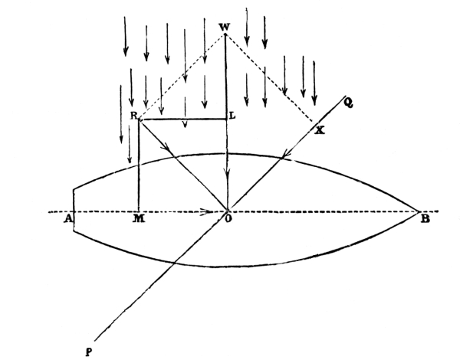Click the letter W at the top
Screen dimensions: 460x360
[x=225, y=28]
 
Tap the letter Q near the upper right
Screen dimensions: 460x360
[x=348, y=103]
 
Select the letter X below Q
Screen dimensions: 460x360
[x=320, y=130]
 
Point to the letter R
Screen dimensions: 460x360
[x=133, y=116]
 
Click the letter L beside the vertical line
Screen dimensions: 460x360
[x=232, y=116]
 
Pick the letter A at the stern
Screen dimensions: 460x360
[x=68, y=218]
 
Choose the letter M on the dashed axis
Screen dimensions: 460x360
[x=139, y=218]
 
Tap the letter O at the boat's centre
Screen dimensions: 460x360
[x=228, y=219]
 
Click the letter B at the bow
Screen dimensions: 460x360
[x=425, y=219]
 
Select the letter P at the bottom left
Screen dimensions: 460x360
[x=89, y=352]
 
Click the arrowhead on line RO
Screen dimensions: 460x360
[x=168, y=148]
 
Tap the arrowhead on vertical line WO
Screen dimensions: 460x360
[x=227, y=178]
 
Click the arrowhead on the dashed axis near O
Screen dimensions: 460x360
[x=207, y=211]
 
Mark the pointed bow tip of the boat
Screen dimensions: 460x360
[x=419, y=211]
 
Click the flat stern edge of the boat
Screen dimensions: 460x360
[x=74, y=210]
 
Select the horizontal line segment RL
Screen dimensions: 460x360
[x=182, y=119]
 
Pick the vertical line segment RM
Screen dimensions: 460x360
[x=139, y=165]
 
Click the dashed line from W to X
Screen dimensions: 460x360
[x=269, y=77]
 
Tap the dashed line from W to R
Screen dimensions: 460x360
[x=182, y=77]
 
